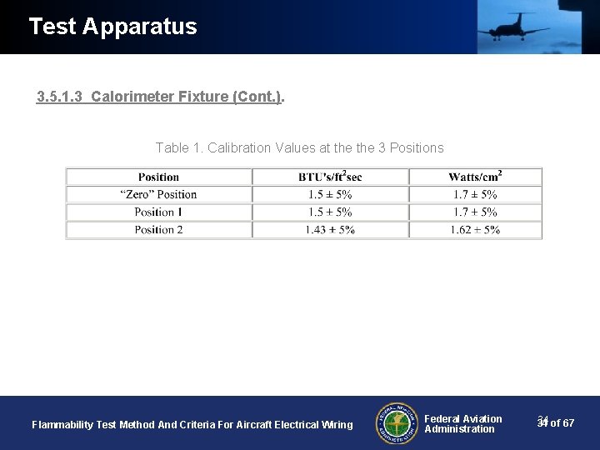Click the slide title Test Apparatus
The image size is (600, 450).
112,27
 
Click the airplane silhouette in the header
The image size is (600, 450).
513,27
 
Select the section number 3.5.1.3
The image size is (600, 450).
60,97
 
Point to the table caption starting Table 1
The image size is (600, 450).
299,147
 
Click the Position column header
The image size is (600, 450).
158,177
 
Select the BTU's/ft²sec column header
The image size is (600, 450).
330,177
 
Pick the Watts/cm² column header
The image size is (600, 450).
475,177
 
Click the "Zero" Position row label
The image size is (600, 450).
158,194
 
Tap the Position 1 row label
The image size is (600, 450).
158,212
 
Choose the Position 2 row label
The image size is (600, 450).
158,229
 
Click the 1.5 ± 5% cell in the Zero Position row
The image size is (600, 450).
330,194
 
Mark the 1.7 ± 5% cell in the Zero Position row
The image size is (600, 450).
475,194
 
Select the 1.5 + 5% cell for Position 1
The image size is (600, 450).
330,212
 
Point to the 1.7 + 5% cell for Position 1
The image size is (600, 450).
475,212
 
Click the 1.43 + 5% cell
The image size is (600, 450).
330,229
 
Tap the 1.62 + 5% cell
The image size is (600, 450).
475,229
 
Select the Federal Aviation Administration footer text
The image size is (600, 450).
462,423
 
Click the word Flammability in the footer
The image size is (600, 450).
62,425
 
